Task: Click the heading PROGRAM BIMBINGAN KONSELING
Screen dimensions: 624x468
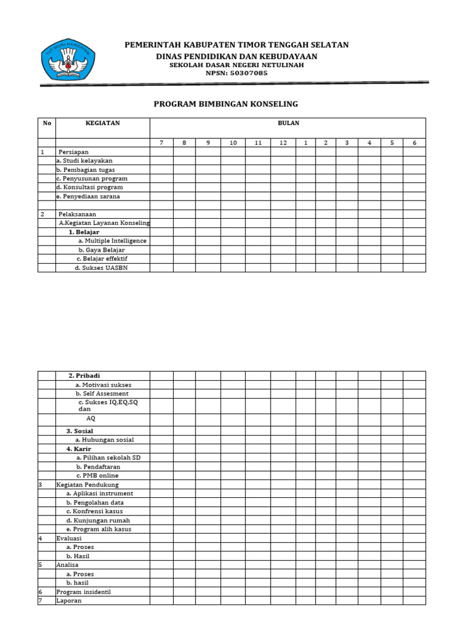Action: [x=225, y=104]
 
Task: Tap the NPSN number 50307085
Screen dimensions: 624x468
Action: [x=245, y=73]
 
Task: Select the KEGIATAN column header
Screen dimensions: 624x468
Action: [x=102, y=123]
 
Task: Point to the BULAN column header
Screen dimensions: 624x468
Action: [x=288, y=123]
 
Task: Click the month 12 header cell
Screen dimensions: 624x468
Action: [x=283, y=143]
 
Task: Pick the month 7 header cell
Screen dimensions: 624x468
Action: [x=161, y=143]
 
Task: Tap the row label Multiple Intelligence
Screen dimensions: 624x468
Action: [x=112, y=241]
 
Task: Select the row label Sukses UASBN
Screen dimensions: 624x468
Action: [x=102, y=268]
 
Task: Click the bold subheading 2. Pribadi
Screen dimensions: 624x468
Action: [x=84, y=375]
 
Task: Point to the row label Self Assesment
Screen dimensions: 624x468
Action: [x=102, y=394]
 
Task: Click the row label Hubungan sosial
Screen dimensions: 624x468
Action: [x=104, y=439]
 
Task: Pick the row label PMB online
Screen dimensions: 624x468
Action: [x=97, y=475]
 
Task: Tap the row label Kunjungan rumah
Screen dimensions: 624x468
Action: [x=98, y=520]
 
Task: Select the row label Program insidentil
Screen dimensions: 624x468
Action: [x=83, y=592]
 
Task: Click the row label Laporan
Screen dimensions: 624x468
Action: [x=69, y=600]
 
